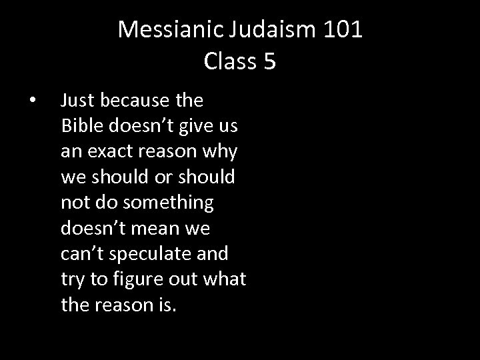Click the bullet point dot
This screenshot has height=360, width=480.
(x=33, y=101)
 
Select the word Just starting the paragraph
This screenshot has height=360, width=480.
(x=75, y=101)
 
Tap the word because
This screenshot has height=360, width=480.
(x=136, y=101)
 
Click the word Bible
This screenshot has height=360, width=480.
(x=79, y=126)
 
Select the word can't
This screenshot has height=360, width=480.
(x=81, y=253)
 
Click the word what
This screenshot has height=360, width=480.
(x=224, y=279)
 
